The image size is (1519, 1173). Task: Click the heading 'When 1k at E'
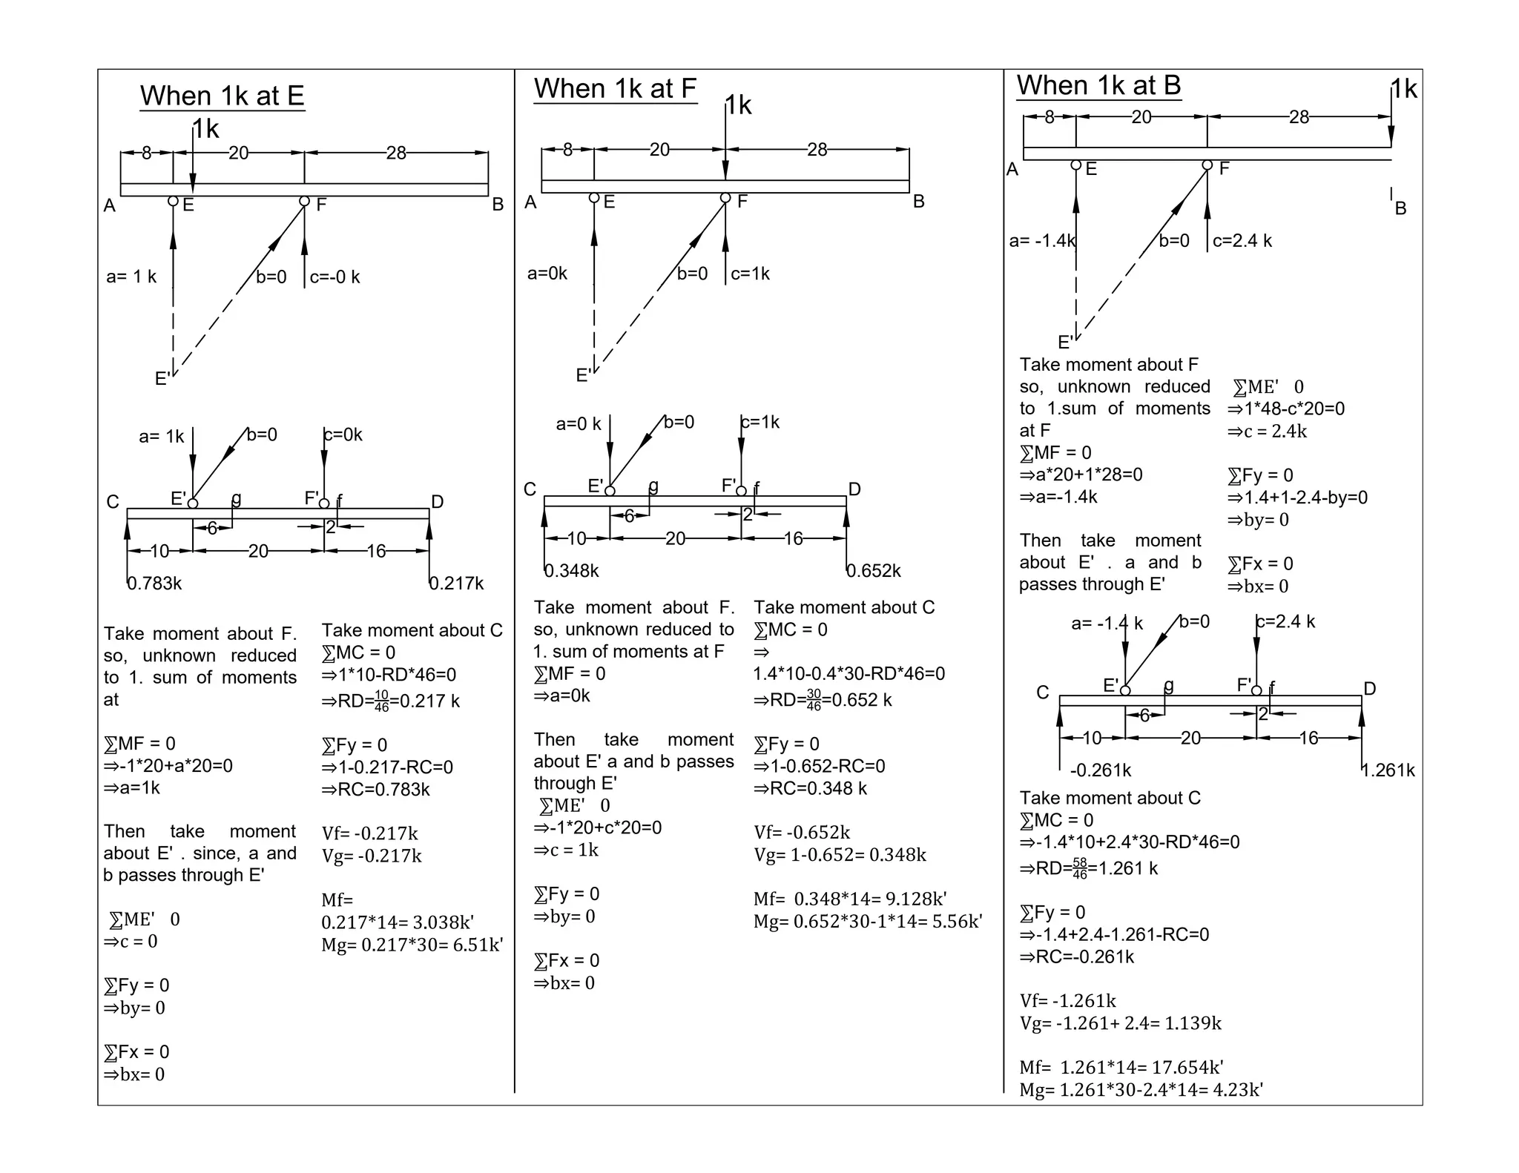point(222,96)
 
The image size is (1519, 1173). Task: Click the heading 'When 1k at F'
point(615,88)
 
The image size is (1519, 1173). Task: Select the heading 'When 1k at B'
point(1098,85)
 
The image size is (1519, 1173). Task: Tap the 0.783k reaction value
point(154,584)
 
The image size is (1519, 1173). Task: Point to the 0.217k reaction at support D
point(456,584)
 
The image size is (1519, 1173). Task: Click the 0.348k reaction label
point(571,571)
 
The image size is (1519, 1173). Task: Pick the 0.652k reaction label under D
point(874,571)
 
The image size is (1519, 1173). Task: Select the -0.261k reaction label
point(1100,770)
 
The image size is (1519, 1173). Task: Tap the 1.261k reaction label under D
point(1388,770)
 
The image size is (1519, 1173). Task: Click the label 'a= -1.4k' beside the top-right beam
point(1042,241)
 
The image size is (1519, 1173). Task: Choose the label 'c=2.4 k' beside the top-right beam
point(1242,241)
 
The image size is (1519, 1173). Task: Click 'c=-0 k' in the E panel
point(335,277)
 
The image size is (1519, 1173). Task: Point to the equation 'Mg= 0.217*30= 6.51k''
point(412,945)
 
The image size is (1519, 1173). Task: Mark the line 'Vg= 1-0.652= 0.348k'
point(840,855)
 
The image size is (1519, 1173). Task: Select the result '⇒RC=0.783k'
point(375,790)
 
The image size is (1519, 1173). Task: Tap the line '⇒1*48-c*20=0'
point(1285,409)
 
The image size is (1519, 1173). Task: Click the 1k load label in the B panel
point(1404,89)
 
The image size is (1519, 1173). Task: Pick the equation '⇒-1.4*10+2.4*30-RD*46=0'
point(1129,842)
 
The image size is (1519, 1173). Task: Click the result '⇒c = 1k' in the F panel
point(565,850)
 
